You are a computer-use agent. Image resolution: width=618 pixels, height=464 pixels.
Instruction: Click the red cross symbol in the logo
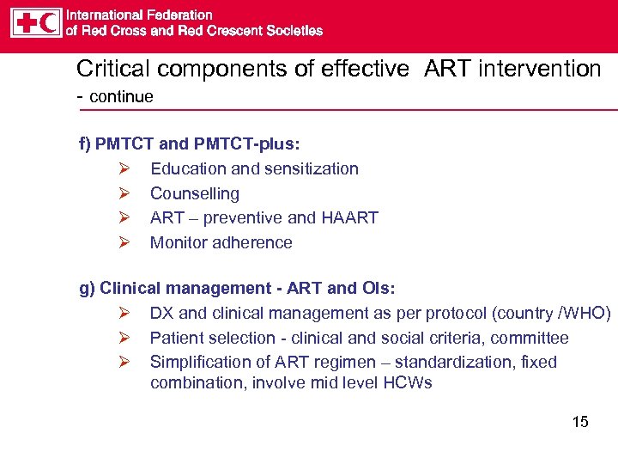24,23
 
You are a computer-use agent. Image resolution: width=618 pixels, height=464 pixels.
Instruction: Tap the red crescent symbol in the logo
49,23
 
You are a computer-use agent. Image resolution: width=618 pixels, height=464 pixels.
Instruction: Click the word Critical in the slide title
107,69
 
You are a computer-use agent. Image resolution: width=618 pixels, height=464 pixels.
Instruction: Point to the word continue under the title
121,96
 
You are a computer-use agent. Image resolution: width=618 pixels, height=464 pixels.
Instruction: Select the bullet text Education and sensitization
254,168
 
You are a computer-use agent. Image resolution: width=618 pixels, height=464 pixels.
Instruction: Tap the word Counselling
195,193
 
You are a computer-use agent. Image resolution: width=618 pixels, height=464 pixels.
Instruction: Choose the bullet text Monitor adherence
221,242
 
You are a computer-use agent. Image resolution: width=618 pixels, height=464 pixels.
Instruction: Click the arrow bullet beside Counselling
124,193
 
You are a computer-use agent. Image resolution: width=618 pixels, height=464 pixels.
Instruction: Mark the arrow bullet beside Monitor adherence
124,242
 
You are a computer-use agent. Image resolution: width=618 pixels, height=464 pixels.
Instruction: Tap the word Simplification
197,362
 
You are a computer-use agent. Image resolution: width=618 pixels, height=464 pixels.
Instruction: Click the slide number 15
580,422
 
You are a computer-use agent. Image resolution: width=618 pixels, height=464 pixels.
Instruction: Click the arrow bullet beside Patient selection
124,339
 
